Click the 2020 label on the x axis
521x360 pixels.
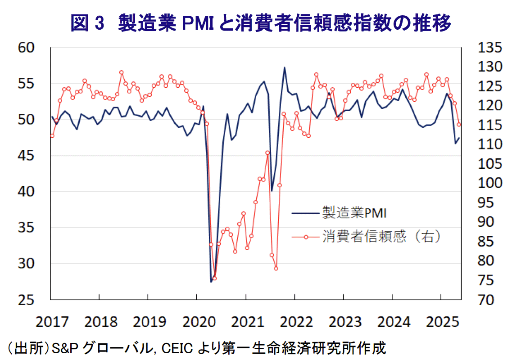click(x=197, y=322)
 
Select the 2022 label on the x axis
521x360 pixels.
click(x=294, y=322)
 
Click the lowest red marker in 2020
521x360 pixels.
click(x=214, y=278)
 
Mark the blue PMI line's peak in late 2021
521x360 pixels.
click(x=285, y=67)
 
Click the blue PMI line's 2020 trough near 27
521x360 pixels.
click(x=211, y=282)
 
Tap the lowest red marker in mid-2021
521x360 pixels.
click(x=276, y=268)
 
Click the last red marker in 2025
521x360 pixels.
click(x=459, y=125)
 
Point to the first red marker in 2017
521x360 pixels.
click(x=52, y=135)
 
